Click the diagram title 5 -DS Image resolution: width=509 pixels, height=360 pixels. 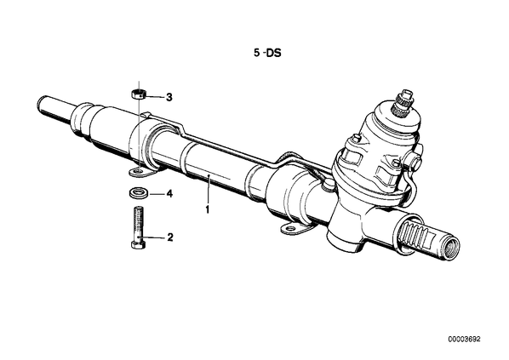[267, 53]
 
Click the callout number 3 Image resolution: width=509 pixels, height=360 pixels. [169, 97]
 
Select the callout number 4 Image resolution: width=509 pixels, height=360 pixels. [169, 194]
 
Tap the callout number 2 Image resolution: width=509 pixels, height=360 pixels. [169, 237]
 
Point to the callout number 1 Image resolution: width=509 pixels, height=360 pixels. [208, 209]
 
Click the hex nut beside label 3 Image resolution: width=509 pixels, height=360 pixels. [138, 94]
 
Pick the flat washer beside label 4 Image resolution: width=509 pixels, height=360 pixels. [137, 192]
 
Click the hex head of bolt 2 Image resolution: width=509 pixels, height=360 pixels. [138, 243]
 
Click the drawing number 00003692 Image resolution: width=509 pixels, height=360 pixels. [464, 340]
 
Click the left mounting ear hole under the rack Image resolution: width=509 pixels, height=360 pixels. [138, 170]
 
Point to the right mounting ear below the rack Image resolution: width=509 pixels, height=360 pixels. [294, 229]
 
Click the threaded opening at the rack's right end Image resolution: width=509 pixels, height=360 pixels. [452, 249]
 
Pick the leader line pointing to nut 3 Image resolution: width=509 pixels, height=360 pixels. [154, 97]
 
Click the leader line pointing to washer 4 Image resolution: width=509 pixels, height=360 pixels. [157, 194]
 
